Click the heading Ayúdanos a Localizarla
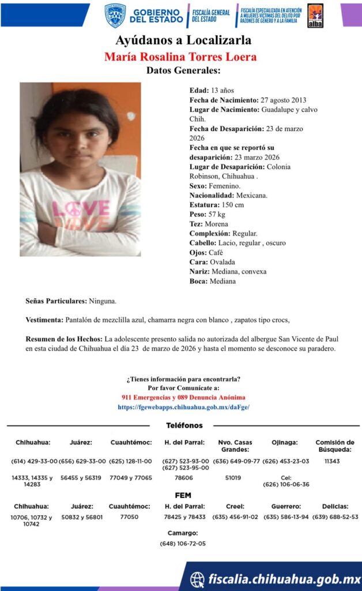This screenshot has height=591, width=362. tap(183, 41)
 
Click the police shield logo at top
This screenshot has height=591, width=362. tap(115, 16)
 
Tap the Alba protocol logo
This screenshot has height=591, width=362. tap(315, 16)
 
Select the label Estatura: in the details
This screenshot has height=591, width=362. tap(205, 205)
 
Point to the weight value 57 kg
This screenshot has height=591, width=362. tap(217, 214)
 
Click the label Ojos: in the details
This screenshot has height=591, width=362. tap(198, 252)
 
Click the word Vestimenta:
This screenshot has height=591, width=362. tap(44, 320)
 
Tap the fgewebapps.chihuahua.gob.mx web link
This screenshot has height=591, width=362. tap(183, 407)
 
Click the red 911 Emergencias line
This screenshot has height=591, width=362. tap(183, 398)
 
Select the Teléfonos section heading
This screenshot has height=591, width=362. tap(184, 425)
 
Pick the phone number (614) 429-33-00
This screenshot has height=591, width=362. tap(35, 461)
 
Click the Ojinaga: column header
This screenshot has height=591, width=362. tap(285, 443)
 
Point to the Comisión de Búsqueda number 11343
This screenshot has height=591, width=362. tap(333, 461)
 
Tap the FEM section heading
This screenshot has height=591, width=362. tap(183, 495)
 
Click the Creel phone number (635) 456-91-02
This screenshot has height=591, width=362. tap(235, 517)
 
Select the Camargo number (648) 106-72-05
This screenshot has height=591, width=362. tap(183, 543)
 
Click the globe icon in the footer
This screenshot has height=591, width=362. tap(197, 579)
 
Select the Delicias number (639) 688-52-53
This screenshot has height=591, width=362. tap(335, 517)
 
